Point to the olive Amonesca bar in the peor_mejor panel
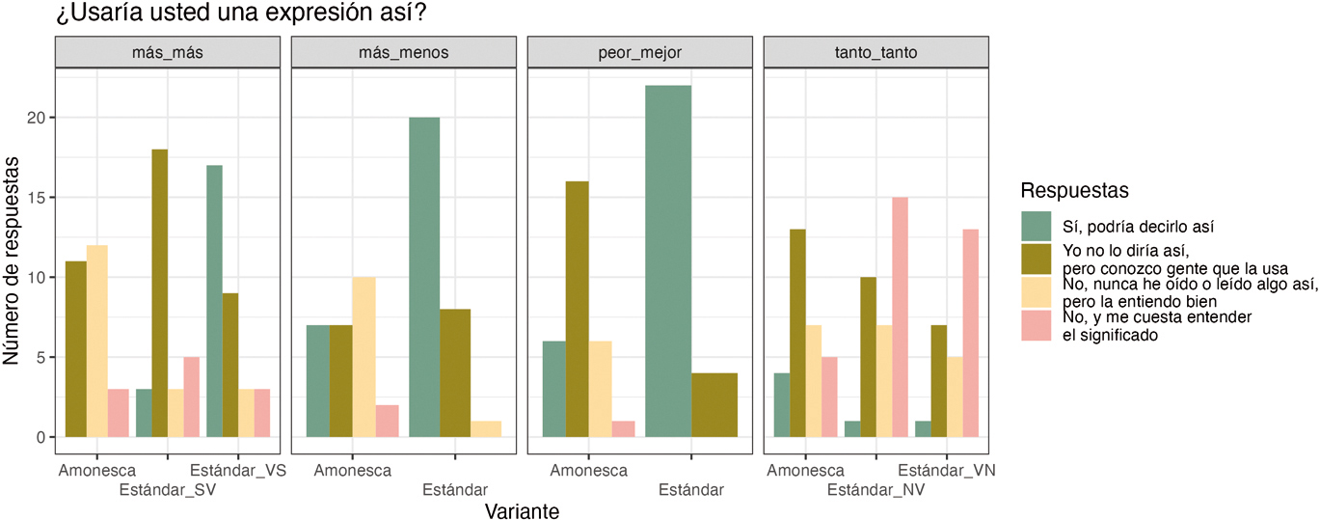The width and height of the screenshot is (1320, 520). tap(578, 309)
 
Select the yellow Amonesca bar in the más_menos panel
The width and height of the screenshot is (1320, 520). tap(364, 357)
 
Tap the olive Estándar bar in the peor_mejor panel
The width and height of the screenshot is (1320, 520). tap(714, 405)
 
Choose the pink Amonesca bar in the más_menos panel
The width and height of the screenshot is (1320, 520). tap(387, 421)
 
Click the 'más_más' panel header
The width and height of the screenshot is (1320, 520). tap(167, 52)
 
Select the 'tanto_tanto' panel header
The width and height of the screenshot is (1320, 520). tap(876, 52)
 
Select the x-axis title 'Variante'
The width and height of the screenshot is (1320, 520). tap(522, 509)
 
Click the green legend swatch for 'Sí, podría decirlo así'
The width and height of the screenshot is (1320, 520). tap(1037, 227)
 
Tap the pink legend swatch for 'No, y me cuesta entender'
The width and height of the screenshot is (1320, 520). tap(1037, 326)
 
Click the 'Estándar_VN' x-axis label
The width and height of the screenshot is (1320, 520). tap(947, 471)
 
